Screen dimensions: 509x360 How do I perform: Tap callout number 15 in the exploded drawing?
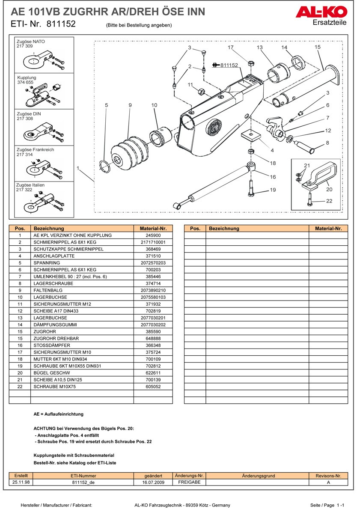317,47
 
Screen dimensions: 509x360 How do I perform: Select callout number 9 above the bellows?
130,105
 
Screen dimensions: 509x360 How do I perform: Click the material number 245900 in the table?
153,235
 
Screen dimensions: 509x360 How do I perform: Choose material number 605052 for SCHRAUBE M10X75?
153,386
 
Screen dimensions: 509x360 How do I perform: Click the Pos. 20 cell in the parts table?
20,372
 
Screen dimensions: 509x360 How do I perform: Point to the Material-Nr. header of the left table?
153,229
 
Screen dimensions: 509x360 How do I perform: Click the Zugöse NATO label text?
30,42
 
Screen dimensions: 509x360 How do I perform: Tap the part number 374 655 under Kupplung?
25,82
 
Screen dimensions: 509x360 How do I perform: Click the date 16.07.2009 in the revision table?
153,482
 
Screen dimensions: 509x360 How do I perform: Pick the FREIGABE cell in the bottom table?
189,482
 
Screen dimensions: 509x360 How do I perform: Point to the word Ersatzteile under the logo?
330,23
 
